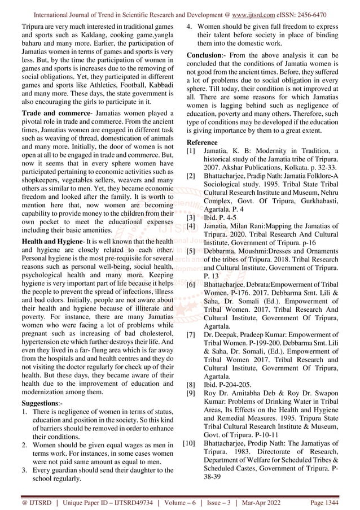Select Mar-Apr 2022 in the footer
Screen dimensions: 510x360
[x=278, y=502]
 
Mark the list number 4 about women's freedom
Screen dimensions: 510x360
[x=191, y=25]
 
